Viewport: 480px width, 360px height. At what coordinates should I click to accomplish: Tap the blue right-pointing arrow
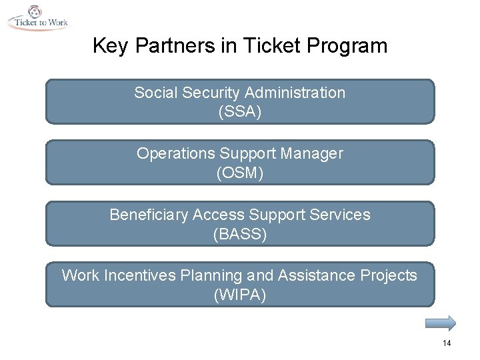click(x=441, y=323)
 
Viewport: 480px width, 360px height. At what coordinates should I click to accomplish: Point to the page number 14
click(x=446, y=343)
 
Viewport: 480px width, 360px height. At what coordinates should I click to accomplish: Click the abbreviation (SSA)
click(x=240, y=112)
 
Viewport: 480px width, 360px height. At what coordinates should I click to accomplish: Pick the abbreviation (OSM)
click(x=240, y=173)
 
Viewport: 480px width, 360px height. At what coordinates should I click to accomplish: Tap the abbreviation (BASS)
click(x=240, y=235)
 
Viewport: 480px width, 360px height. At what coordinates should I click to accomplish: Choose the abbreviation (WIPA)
click(x=240, y=295)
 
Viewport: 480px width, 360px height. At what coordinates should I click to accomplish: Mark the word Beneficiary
click(x=149, y=215)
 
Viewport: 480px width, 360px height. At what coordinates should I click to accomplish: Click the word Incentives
click(x=141, y=275)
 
